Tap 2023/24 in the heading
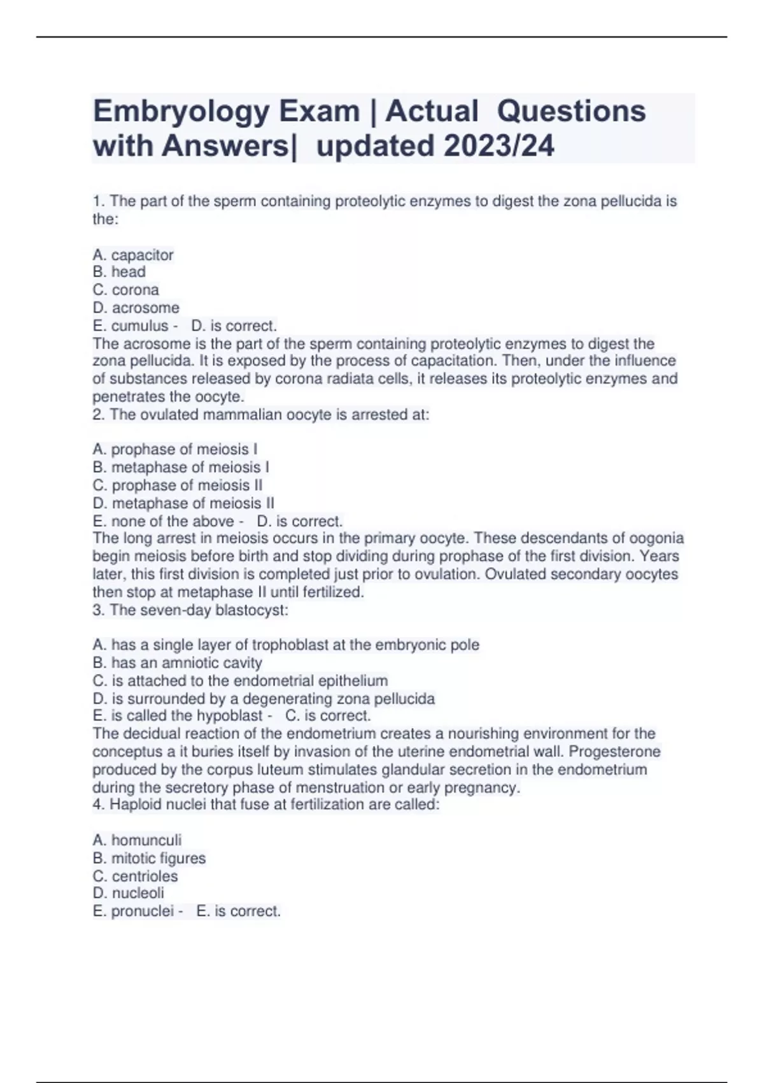[x=499, y=146]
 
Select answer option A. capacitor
[x=133, y=255]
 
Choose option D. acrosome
[x=136, y=308]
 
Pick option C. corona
[x=126, y=290]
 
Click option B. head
[x=119, y=272]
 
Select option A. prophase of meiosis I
[x=175, y=449]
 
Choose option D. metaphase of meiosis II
[x=183, y=503]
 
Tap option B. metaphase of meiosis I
[x=181, y=467]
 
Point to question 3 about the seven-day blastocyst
[x=190, y=610]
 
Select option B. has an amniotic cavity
[x=177, y=663]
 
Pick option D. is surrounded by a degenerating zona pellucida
[x=264, y=699]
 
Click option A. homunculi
[x=137, y=840]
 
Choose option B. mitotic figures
[x=149, y=858]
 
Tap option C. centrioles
[x=135, y=876]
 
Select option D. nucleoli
[x=129, y=893]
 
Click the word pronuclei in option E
[x=142, y=911]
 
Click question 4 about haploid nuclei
[x=266, y=805]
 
